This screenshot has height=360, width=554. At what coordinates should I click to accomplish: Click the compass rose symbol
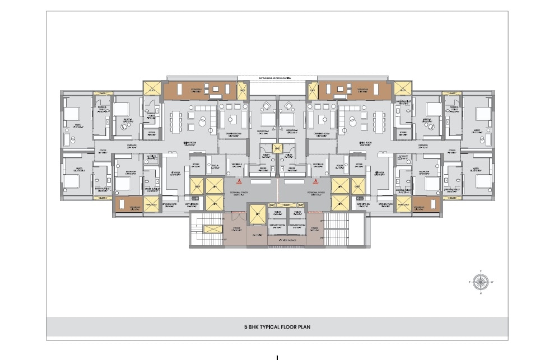point(480,282)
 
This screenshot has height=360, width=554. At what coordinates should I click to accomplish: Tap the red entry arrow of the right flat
point(316,181)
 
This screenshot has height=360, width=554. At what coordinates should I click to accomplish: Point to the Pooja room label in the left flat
point(215,166)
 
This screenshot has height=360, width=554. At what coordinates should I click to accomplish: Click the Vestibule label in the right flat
point(319,166)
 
